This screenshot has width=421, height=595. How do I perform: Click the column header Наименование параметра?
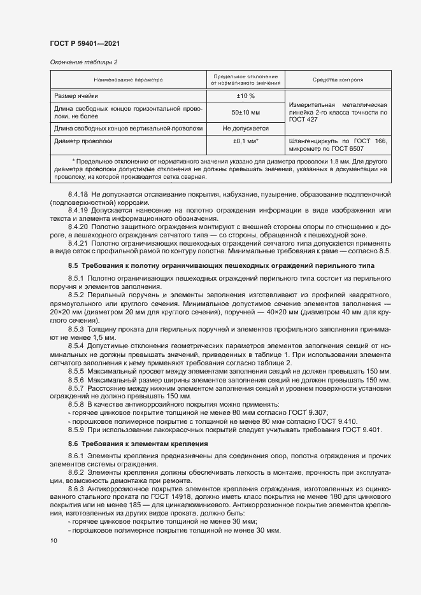tap(129, 80)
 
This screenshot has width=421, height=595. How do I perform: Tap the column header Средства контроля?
tap(338, 80)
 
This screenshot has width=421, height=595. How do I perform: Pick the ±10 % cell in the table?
tap(245, 95)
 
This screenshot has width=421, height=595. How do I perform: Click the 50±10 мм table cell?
tap(245, 112)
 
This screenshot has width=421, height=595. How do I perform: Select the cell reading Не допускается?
tap(245, 128)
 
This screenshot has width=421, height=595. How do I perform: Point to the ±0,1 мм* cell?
tap(245, 141)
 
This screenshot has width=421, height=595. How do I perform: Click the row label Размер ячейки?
tap(76, 95)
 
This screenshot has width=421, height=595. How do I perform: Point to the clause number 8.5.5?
tap(76, 370)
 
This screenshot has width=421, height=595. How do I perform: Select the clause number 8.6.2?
tap(76, 473)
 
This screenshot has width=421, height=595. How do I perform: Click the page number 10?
tap(54, 541)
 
